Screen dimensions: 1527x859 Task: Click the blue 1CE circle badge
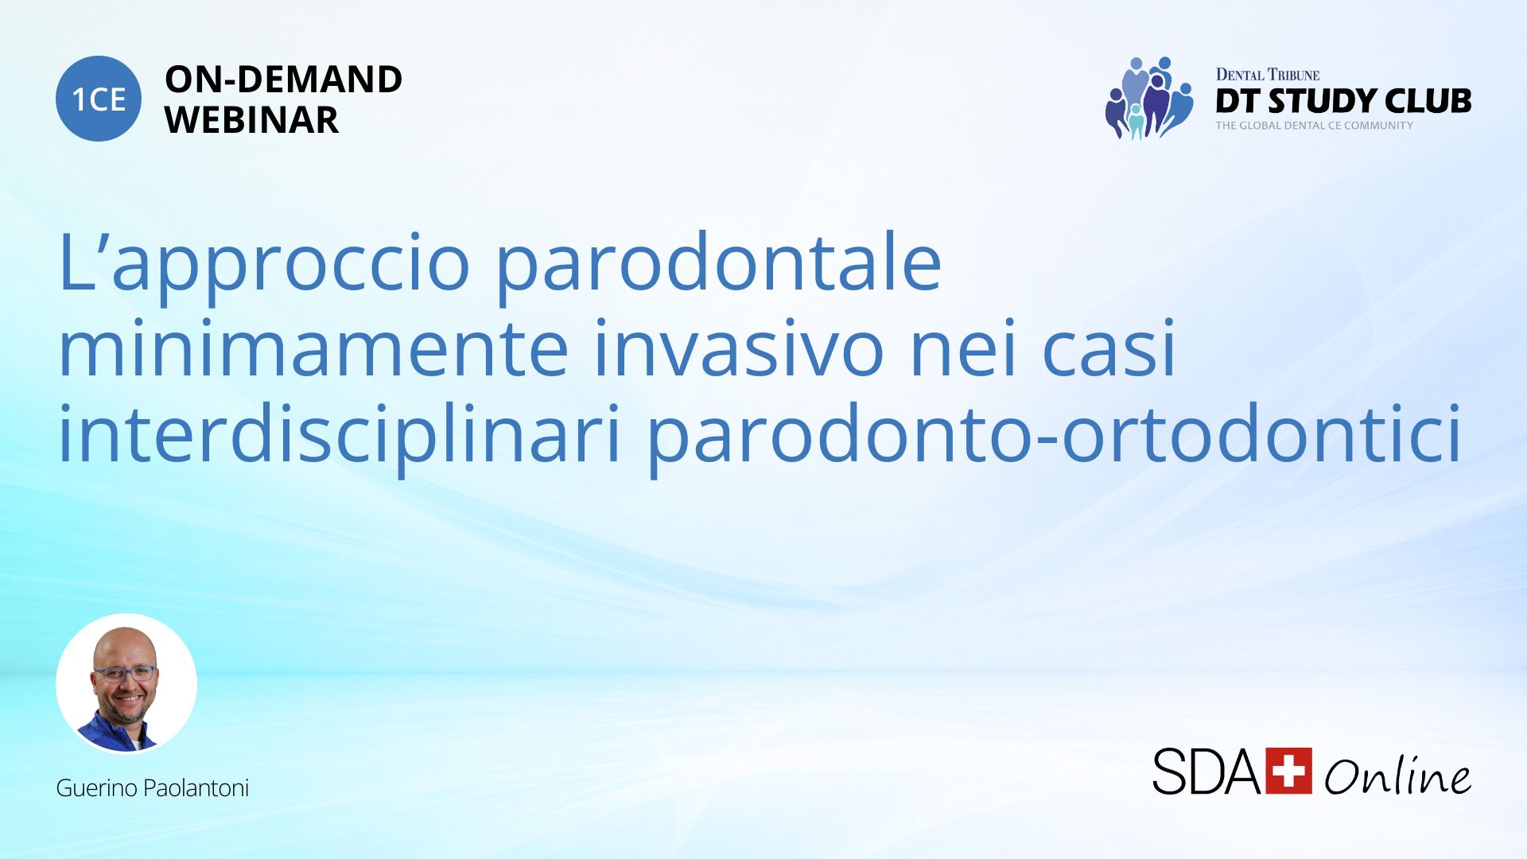(x=99, y=99)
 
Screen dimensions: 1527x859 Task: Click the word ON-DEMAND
(x=283, y=80)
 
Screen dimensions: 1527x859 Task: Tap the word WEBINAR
(x=251, y=120)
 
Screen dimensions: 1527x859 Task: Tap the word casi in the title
(x=1109, y=349)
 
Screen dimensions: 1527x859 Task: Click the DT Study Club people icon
(x=1148, y=99)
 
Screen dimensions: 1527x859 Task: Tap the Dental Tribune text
(x=1268, y=75)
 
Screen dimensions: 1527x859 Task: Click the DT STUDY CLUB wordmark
(x=1343, y=101)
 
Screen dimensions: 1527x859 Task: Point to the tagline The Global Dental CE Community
(x=1314, y=126)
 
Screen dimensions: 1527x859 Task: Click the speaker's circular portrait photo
(x=126, y=683)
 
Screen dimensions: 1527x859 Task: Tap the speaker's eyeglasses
(x=125, y=674)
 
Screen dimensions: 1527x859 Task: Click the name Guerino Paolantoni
(x=152, y=788)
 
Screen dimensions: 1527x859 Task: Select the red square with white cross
(x=1288, y=771)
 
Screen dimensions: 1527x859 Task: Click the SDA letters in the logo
(x=1206, y=771)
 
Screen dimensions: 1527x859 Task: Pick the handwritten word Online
(x=1397, y=775)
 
